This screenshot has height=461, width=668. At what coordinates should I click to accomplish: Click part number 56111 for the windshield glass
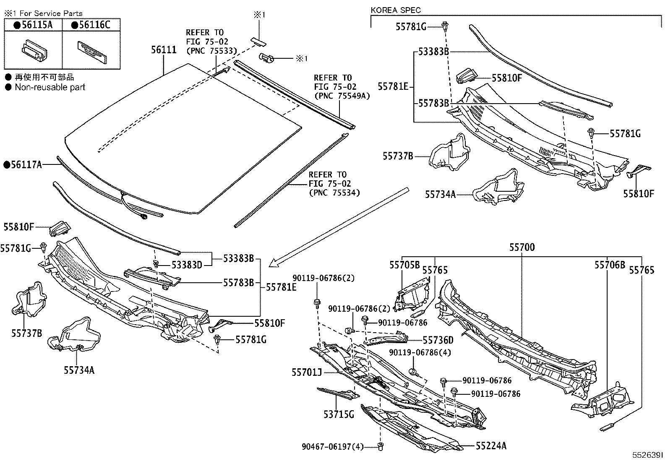[164, 50]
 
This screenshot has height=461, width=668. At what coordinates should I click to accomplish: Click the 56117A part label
[23, 165]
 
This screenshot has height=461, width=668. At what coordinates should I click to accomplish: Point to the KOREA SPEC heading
[396, 10]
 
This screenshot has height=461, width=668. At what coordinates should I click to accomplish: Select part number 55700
[522, 247]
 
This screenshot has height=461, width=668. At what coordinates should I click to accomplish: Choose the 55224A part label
[491, 446]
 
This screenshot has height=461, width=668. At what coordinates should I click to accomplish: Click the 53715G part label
[339, 414]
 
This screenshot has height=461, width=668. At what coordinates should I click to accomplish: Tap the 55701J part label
[307, 372]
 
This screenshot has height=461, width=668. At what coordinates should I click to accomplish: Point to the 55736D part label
[438, 340]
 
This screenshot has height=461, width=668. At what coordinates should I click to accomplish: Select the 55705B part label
[404, 265]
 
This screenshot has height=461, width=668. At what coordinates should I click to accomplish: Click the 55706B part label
[609, 265]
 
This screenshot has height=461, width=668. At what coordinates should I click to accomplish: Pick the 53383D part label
[187, 265]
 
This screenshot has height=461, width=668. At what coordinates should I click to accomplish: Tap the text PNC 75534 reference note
[334, 193]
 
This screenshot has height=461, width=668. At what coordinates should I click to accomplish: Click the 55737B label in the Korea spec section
[397, 156]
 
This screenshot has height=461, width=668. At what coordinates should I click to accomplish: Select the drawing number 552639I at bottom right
[649, 455]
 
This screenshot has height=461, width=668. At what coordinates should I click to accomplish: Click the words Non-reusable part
[50, 87]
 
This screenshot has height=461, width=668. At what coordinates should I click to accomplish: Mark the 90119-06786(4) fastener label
[420, 352]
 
